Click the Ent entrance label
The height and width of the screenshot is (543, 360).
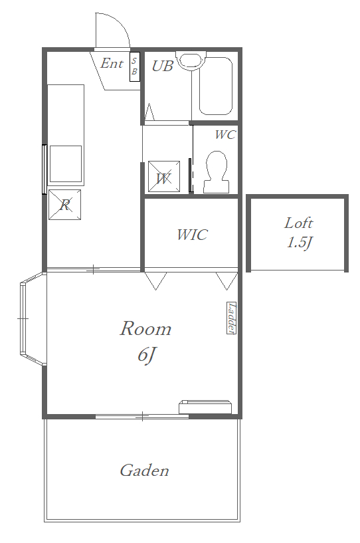click(112, 63)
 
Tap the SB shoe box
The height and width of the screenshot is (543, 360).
click(135, 67)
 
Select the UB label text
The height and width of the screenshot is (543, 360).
click(162, 66)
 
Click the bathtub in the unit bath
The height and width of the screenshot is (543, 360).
click(215, 86)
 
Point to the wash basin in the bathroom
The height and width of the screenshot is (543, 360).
click(191, 60)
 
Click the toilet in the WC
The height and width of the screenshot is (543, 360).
click(217, 171)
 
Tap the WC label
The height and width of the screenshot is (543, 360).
click(225, 134)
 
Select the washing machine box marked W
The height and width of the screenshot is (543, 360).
click(164, 176)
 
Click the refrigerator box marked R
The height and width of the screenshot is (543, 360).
click(64, 204)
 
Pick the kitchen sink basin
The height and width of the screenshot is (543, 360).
click(66, 163)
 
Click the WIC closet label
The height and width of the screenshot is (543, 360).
click(192, 235)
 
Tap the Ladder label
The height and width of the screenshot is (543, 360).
click(231, 318)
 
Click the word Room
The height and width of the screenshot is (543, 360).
click(145, 328)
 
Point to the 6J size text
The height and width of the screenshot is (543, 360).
click(145, 354)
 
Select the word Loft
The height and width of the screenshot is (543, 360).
click(298, 223)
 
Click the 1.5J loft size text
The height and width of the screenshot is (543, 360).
click(299, 242)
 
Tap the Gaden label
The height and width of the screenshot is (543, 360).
click(144, 470)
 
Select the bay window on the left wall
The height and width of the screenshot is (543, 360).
click(33, 318)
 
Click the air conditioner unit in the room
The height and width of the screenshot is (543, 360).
click(205, 407)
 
